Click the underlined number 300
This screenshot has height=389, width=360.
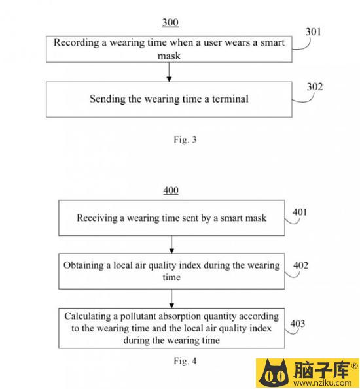coord(170,22)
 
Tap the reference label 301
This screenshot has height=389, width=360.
coord(313,32)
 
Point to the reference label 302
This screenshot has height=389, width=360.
coord(315,87)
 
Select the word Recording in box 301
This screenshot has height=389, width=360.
coord(77,42)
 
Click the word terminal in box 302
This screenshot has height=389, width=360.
coord(230,99)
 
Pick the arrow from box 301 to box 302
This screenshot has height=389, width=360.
coord(169,72)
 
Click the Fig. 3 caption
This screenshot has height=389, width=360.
coord(185,139)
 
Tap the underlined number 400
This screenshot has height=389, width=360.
coord(171,190)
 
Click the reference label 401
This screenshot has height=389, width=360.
coord(300,212)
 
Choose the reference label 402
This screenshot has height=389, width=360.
coord(300,265)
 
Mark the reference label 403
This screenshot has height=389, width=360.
coord(298,324)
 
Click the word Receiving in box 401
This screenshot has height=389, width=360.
coord(97,218)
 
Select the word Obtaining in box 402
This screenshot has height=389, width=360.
coord(84,265)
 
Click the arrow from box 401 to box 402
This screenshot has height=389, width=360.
coord(171,245)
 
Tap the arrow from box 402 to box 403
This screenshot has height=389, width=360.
coord(171,299)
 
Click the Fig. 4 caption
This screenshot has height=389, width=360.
coord(185,361)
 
